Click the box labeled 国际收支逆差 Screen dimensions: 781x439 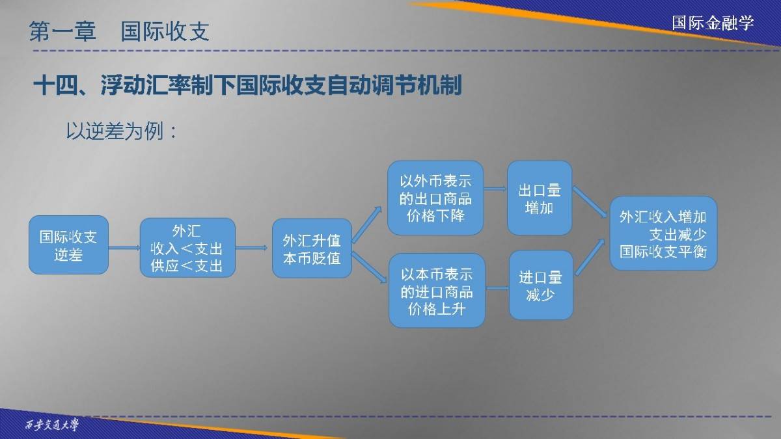[69, 245]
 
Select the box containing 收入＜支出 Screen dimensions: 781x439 [187, 248]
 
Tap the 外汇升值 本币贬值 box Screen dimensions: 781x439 [312, 248]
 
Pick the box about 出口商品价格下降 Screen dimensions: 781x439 [435, 198]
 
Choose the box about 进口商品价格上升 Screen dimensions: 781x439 [437, 290]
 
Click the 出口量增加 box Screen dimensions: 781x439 [540, 198]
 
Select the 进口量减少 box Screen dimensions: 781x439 [541, 285]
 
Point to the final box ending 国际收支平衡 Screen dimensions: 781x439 [663, 233]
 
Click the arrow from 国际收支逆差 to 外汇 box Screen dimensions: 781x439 [124, 248]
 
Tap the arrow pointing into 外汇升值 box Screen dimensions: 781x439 [252, 248]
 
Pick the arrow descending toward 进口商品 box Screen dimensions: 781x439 [369, 267]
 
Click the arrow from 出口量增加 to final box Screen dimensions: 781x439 [590, 202]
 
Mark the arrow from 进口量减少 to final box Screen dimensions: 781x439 [590, 257]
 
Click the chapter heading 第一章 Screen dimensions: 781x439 [62, 31]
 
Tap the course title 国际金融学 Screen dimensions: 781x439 [713, 23]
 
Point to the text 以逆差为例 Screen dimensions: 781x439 [115, 131]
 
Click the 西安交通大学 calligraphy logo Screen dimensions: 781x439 [52, 425]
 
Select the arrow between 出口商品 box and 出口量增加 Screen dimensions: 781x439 [495, 189]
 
